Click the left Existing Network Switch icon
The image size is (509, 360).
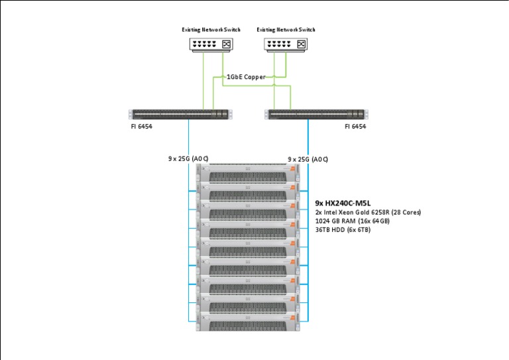[211, 44]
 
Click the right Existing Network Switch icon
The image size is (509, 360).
[286, 44]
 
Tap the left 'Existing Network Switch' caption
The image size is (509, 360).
[211, 30]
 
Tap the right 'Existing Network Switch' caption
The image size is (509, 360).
[286, 30]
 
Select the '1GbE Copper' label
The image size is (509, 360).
[246, 78]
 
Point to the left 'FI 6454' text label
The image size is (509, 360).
[142, 126]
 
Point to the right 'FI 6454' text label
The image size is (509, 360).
[355, 126]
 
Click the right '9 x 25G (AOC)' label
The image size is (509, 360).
[308, 160]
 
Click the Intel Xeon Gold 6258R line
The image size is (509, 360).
[368, 212]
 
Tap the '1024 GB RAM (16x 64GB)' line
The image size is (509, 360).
[352, 221]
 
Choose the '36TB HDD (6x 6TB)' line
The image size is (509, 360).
[343, 229]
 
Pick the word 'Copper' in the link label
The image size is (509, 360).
[254, 78]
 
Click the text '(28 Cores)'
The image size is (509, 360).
[406, 212]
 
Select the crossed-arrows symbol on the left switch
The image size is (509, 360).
[227, 44]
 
